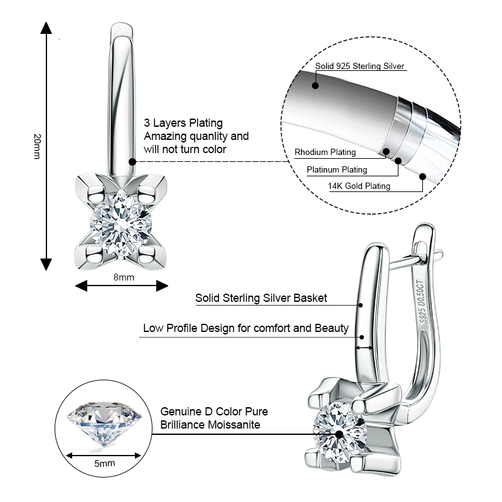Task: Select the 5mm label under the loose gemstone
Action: point(104,463)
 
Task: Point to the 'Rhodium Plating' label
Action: point(325,152)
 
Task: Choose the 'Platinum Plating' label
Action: point(337,169)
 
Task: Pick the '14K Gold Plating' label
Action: point(359,186)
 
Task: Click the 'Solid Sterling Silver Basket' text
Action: point(261,298)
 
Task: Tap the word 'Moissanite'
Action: point(233,425)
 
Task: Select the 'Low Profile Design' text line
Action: point(245,328)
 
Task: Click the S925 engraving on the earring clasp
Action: point(422,314)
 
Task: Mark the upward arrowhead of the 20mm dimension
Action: point(46,28)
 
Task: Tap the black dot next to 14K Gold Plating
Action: point(423,176)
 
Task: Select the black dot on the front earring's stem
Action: point(133,161)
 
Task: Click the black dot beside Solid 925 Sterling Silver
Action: point(315,85)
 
